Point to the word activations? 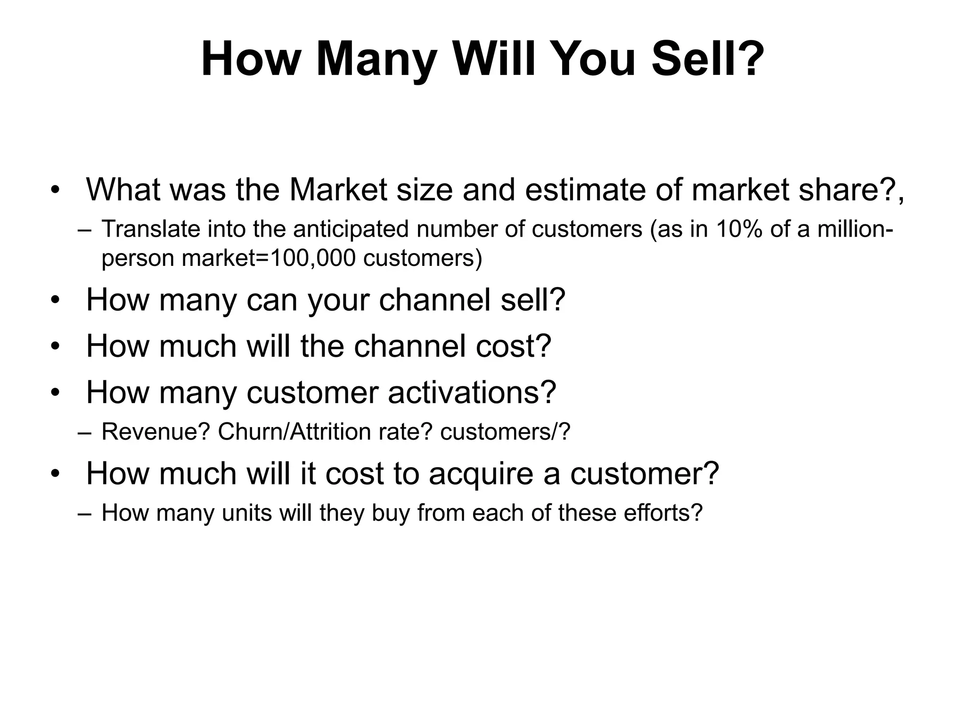point(472,392)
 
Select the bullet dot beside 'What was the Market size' point(56,190)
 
